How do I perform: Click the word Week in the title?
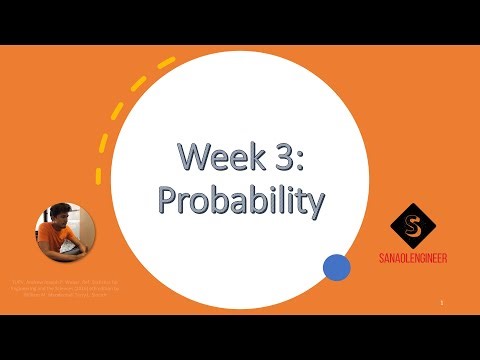208,157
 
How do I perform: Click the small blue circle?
337,267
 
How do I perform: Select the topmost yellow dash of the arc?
165,64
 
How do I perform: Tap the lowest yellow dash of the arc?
98,175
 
